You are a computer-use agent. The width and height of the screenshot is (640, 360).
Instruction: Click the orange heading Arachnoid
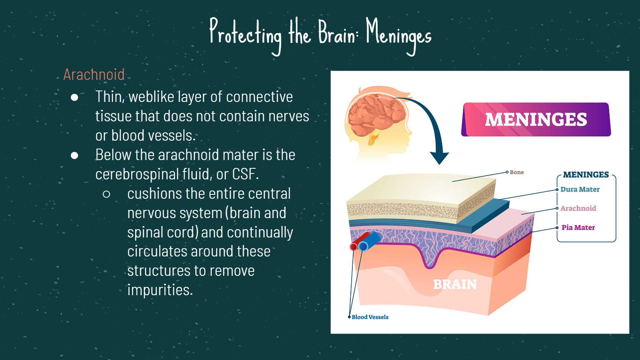point(94,74)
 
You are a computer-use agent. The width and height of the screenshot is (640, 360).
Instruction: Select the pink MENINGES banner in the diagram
point(536,119)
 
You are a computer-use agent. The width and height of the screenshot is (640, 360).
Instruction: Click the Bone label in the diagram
point(517,172)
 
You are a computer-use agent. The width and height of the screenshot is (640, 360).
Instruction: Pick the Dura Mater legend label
point(580,189)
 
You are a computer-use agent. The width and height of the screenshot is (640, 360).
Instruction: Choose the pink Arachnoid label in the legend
point(578,208)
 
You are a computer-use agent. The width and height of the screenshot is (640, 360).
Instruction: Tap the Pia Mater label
point(578,228)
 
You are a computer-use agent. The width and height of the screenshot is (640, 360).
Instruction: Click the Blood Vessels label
point(370,317)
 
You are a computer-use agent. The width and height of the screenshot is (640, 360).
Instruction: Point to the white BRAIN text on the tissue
point(455,284)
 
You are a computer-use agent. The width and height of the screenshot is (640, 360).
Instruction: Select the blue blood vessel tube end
point(363,246)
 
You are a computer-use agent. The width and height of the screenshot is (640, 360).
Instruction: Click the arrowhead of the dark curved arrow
point(439,158)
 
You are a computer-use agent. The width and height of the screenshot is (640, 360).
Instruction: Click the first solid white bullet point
point(74,98)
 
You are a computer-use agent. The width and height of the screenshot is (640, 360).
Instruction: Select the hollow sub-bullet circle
point(106,194)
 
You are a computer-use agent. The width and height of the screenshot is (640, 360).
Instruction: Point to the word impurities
point(160,290)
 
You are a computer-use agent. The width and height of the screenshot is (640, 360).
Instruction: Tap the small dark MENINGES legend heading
point(586,175)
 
